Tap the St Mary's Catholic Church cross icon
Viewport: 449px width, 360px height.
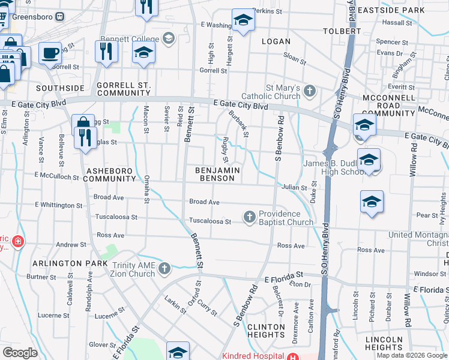[309, 91]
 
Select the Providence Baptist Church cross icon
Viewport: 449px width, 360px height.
[250, 216]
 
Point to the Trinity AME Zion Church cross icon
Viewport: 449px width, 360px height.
[164, 268]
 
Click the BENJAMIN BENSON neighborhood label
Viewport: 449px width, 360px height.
[218, 174]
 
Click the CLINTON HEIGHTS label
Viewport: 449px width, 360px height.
[266, 331]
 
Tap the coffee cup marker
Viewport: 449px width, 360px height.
[50, 53]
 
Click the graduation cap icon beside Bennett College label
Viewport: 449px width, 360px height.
[168, 38]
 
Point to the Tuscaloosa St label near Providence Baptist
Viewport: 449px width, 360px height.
[211, 221]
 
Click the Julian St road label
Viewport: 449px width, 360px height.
[295, 187]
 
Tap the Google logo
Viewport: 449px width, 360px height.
[20, 353]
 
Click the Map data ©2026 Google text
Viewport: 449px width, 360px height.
[411, 355]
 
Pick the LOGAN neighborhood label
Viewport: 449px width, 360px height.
[276, 41]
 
